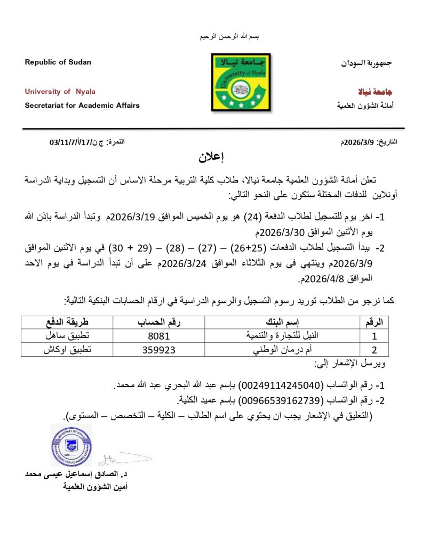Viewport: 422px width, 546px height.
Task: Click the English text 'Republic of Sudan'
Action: coord(58,62)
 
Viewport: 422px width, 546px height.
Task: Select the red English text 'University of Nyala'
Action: coord(60,92)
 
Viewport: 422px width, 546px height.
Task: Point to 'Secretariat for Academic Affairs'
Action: coord(82,106)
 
